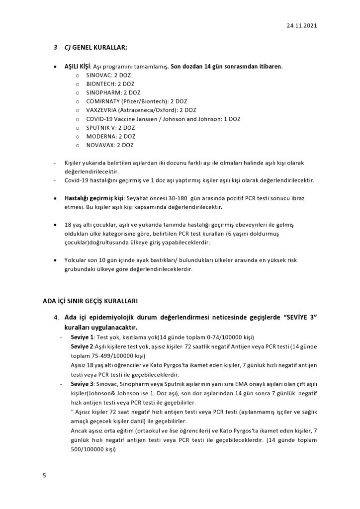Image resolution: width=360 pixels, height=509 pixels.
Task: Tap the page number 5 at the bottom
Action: click(x=44, y=475)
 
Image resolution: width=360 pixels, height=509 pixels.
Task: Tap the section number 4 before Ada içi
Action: click(x=56, y=318)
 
